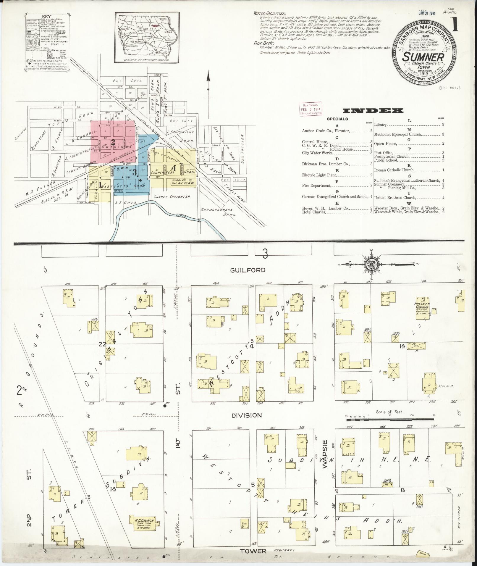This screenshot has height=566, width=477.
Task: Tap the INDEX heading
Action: tap(373, 111)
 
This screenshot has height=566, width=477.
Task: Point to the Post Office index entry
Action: tap(384, 153)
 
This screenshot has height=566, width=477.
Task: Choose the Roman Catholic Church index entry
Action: tap(394, 170)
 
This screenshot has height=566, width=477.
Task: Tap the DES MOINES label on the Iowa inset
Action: tap(137, 41)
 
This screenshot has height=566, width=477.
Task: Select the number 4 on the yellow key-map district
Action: tap(174, 168)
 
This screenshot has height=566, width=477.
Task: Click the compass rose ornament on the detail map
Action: tap(371, 264)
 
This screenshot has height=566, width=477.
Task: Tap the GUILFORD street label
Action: tap(249, 270)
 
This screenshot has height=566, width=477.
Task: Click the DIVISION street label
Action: tap(247, 415)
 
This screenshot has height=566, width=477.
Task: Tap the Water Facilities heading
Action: tap(269, 14)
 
